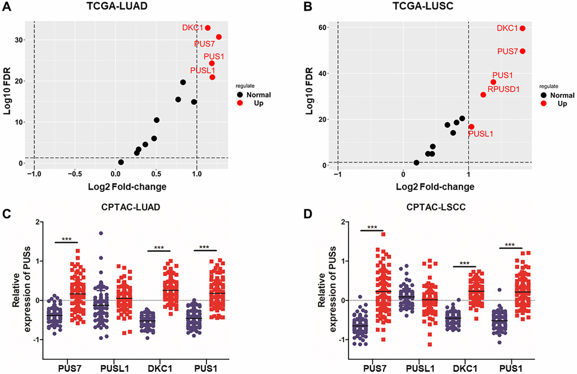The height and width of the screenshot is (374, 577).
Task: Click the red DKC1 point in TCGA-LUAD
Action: pos(208,28)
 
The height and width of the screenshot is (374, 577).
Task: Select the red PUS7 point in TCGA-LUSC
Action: pos(522,51)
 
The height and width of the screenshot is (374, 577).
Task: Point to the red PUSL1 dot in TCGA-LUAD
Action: pos(212,77)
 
